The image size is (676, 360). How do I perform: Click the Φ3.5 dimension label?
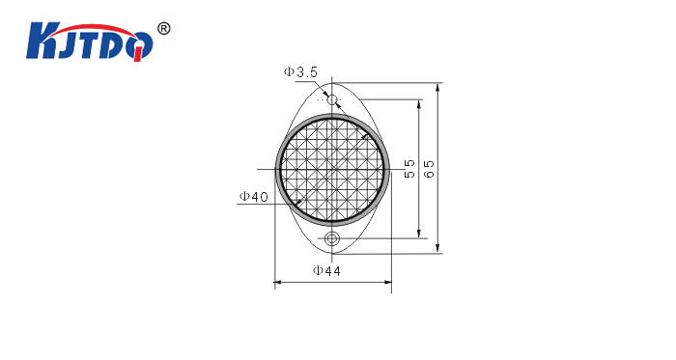[x=300, y=72]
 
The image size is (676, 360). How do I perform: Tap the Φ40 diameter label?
[x=254, y=197]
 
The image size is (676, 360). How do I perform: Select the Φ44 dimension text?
[x=326, y=271]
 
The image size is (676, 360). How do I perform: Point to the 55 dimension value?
[x=409, y=168]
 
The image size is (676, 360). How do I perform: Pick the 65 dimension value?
[x=430, y=169]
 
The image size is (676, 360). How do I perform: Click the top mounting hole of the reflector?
[x=332, y=100]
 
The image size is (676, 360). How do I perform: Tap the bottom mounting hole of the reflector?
[x=332, y=237]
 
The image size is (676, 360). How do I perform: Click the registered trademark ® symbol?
[x=164, y=29]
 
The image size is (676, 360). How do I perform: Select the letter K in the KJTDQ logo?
[x=41, y=42]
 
